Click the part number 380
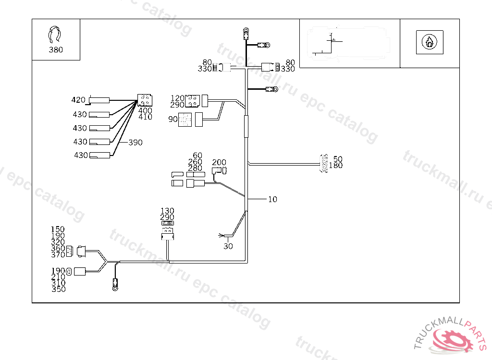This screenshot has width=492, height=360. (x=56, y=49)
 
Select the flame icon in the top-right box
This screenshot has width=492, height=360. (x=429, y=42)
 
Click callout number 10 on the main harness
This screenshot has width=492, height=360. (x=272, y=199)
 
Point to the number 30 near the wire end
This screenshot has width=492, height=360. (x=228, y=246)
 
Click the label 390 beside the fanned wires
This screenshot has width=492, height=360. (x=135, y=143)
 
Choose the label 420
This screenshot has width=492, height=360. (x=78, y=100)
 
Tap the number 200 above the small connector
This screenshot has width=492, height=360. (x=219, y=163)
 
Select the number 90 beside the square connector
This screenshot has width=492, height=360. (x=173, y=119)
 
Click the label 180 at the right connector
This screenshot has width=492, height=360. (x=336, y=166)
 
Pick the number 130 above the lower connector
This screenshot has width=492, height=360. (x=167, y=211)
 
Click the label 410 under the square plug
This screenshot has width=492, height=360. (x=145, y=117)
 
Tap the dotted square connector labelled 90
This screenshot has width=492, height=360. (x=185, y=120)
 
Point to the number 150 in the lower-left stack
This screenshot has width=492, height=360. (x=58, y=229)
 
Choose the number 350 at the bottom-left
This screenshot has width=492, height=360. (x=59, y=289)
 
